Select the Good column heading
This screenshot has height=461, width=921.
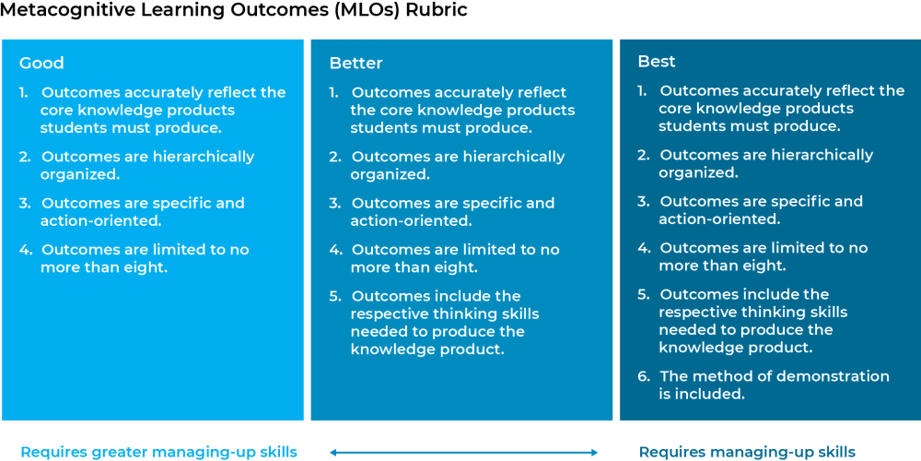point(41,63)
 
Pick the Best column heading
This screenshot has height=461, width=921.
point(657,61)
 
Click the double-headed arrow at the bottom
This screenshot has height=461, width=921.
point(463,452)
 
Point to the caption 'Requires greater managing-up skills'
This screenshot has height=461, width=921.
point(158,452)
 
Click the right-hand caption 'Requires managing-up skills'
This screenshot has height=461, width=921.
point(747,452)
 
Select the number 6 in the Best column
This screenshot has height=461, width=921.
point(642,376)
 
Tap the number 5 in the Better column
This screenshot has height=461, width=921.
point(333,296)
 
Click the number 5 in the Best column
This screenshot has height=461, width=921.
point(642,294)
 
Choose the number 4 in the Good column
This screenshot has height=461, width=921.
point(24,250)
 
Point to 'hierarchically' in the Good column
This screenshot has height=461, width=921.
point(206,157)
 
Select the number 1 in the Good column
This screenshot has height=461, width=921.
point(23,93)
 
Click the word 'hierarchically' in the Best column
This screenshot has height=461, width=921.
point(825,155)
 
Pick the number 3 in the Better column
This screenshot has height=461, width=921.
point(333,204)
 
